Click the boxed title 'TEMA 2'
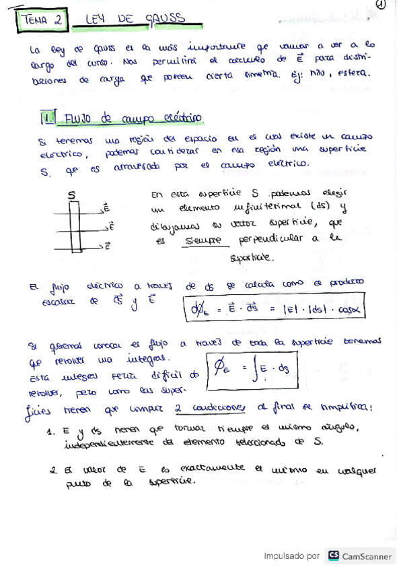coord(41,21)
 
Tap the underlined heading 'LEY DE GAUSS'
coord(135,20)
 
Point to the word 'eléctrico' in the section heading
coord(180,119)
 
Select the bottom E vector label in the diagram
coord(108,246)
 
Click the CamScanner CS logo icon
coord(334,556)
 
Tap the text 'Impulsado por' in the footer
coord(291,556)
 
